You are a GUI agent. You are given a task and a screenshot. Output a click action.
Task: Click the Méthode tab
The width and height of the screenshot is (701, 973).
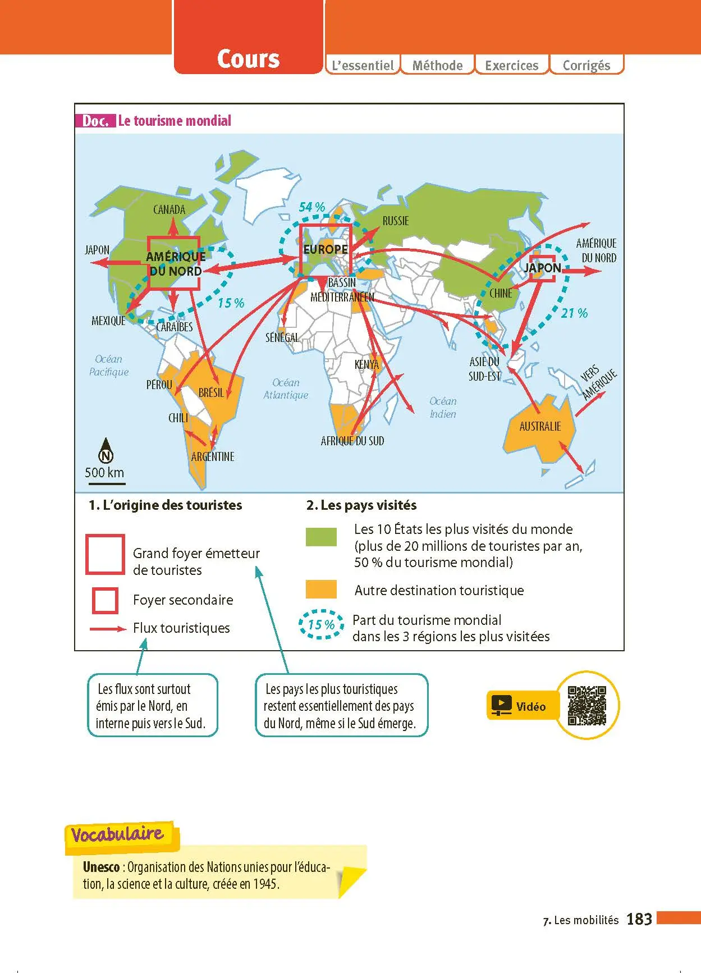coord(437,65)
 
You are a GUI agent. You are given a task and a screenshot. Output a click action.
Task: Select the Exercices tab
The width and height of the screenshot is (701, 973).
coord(511,65)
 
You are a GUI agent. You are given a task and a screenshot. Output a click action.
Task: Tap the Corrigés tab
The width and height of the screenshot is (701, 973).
coord(587,65)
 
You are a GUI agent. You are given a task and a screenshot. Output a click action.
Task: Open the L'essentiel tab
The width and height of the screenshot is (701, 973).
coord(363,65)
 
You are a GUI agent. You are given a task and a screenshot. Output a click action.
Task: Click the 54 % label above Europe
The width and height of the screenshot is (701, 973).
coord(312,207)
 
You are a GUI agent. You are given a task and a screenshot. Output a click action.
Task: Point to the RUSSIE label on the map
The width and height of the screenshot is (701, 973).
coord(396,221)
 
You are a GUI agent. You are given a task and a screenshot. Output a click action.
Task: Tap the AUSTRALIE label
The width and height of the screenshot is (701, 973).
coord(540,427)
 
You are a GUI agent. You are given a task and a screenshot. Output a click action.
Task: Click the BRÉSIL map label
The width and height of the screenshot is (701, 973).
coord(212,392)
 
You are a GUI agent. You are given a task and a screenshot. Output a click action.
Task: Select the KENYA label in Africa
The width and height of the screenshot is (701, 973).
coord(366,364)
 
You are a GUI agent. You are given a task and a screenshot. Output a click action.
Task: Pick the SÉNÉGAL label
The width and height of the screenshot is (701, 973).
coord(282,337)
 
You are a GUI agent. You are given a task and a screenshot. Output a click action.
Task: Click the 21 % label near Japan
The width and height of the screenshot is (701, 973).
coord(575,313)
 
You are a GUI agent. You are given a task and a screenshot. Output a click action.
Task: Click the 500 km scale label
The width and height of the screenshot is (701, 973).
coord(104,473)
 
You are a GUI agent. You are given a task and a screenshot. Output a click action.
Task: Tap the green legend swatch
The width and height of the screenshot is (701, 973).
coord(321,537)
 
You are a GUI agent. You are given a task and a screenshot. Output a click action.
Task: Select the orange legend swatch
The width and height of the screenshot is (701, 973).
coord(321,589)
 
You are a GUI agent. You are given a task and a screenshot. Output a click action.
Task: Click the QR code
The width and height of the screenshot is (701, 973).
coord(587,705)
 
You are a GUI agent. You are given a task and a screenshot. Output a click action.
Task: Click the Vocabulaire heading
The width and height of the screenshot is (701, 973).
coord(117,834)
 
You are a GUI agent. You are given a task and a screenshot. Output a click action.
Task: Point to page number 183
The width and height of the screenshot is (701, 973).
coord(639,919)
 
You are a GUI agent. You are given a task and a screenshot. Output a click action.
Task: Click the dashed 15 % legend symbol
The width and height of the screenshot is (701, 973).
coord(321,624)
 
